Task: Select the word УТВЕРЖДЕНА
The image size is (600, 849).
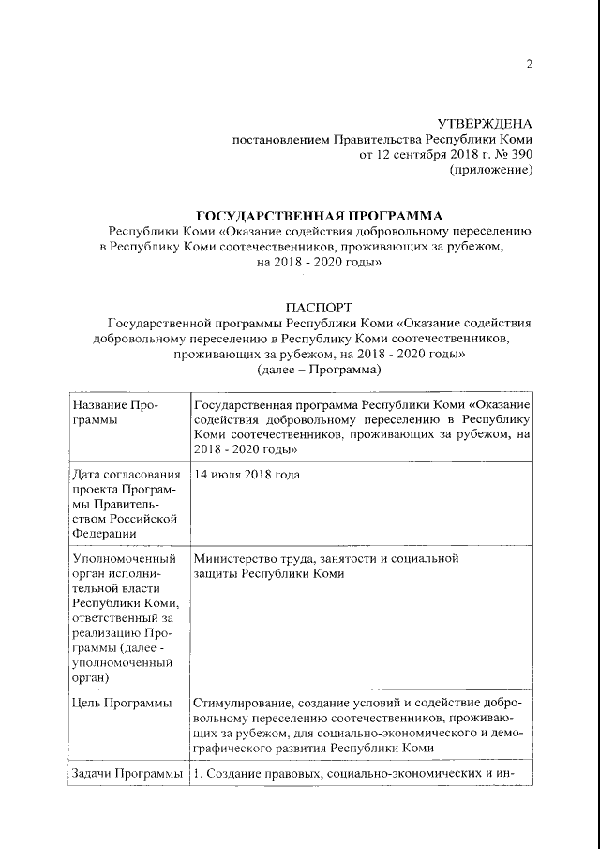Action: click(x=485, y=124)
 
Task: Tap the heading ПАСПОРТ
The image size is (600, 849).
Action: click(x=318, y=307)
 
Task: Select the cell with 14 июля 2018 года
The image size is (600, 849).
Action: click(x=247, y=475)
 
